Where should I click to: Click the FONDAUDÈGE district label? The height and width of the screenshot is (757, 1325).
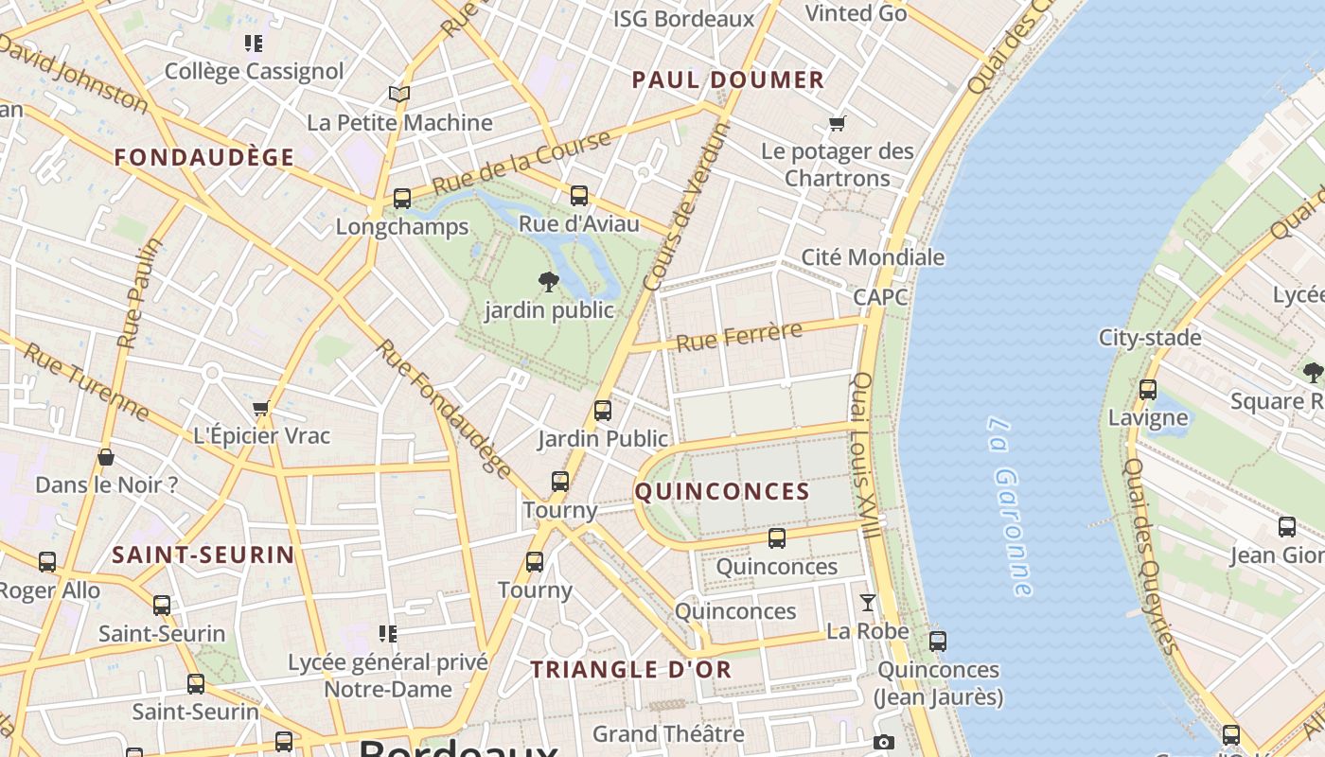click(x=204, y=158)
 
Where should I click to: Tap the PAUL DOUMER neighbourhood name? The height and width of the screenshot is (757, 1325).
click(x=728, y=80)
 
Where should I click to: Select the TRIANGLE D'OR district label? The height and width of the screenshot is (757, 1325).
click(x=630, y=670)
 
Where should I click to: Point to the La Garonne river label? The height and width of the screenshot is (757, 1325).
click(x=1009, y=506)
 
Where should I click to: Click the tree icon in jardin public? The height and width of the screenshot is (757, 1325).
click(x=548, y=281)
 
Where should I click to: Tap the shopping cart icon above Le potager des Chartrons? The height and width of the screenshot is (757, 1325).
click(x=837, y=123)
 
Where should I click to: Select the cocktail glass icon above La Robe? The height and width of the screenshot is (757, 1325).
click(x=867, y=603)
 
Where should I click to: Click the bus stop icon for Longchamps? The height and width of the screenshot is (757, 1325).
click(x=402, y=199)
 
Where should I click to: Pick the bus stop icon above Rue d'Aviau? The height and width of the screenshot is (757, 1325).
click(x=579, y=196)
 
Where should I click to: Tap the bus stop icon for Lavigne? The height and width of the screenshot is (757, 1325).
click(x=1148, y=389)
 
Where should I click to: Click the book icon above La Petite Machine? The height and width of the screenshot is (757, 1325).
click(x=399, y=95)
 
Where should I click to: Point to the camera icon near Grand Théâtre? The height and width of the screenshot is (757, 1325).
click(x=883, y=743)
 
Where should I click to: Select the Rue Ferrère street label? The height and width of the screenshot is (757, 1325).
click(x=739, y=335)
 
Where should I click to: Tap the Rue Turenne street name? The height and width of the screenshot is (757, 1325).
click(x=85, y=382)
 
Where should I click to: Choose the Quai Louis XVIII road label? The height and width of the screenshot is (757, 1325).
click(x=866, y=456)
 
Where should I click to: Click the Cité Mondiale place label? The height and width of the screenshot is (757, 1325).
click(x=873, y=257)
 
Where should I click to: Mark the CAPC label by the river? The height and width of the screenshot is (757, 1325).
click(x=880, y=297)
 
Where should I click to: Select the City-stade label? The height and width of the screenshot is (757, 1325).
click(x=1150, y=338)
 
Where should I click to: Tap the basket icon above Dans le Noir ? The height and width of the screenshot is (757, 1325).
click(x=106, y=457)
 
